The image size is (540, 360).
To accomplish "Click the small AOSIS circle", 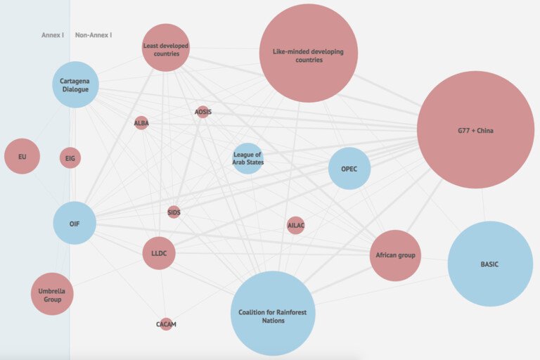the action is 202,112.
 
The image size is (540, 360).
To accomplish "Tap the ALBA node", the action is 141,123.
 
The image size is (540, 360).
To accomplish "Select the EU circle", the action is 22,156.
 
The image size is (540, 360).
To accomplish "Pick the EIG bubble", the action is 70,158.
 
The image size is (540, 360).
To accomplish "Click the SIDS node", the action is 174,212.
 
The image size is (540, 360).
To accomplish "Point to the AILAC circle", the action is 295,225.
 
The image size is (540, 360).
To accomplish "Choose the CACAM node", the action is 166,324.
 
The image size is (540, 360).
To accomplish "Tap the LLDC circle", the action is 159,253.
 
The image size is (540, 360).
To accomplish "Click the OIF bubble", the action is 75,223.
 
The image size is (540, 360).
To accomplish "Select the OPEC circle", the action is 349,169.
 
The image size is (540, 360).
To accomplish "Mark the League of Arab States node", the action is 247,158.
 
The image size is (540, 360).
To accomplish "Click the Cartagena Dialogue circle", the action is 75,85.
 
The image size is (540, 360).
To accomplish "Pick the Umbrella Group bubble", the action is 52,294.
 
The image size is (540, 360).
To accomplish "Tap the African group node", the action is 395,256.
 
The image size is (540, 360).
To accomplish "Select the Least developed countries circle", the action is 166,48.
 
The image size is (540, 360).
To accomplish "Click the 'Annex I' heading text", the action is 53,35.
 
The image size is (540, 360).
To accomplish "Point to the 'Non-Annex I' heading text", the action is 94,35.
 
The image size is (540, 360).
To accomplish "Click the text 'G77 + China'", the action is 475,131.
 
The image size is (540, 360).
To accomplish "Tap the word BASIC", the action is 489,264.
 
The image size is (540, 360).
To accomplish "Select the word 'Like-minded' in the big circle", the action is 288,51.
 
